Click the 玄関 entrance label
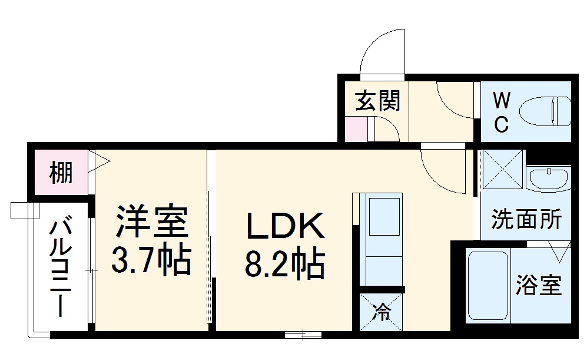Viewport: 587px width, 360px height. pos(377,101)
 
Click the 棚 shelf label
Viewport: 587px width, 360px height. pos(61,174)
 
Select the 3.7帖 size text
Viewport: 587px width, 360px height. pos(151,260)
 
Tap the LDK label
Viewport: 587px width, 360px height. pos(285,226)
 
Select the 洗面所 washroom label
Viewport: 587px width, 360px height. pos(526,220)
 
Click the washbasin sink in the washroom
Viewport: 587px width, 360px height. pos(548,177)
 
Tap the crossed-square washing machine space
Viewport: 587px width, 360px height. pos(503,170)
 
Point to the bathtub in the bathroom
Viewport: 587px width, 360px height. pos(487,286)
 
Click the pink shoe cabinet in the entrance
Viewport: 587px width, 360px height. pos(356,130)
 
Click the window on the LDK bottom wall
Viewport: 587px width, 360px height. pos(303,335)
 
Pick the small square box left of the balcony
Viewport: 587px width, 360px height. pos(19,210)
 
